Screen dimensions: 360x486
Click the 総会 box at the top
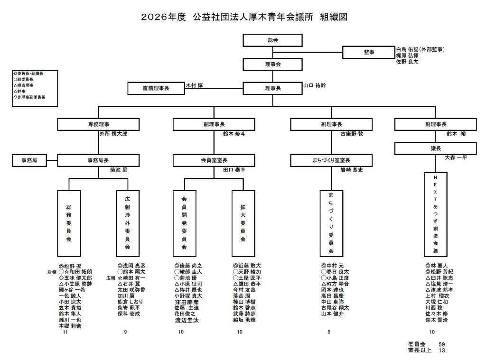point(272,40)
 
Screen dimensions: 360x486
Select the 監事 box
point(369,52)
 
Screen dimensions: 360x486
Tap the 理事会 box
point(272,64)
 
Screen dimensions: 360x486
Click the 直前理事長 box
point(156,89)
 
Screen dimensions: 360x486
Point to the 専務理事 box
point(98,124)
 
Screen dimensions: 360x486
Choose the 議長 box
point(436,148)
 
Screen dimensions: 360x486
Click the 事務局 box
point(29,160)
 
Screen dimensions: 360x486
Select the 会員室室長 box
point(214,160)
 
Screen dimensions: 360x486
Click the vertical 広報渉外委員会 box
point(128,223)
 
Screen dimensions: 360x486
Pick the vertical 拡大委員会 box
point(243,223)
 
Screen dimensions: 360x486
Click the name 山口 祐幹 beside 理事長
point(314,86)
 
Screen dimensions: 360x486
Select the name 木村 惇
point(194,86)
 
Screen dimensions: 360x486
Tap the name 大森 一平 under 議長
point(456,157)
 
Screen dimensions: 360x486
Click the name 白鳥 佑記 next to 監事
point(409,49)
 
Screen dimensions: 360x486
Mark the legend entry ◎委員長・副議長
point(29,74)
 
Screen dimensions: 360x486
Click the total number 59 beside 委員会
point(441,344)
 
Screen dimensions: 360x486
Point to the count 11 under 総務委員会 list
point(65,332)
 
